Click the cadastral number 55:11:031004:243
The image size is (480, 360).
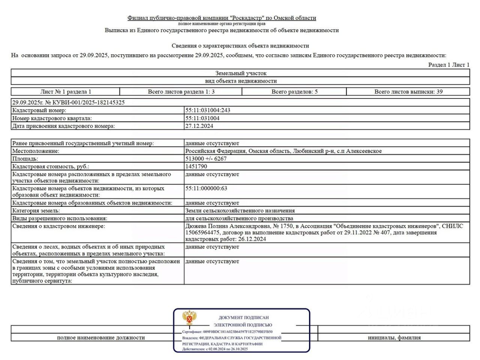tap(208, 110)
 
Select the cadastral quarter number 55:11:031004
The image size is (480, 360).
tap(202, 118)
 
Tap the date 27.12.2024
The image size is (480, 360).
tap(199, 126)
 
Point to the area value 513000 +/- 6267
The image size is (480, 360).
tap(206, 158)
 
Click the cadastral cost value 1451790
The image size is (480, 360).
tap(196, 166)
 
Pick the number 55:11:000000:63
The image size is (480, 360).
tap(206, 188)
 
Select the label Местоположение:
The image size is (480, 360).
tap(36, 151)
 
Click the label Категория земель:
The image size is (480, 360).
tap(36, 211)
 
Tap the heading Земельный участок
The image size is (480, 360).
tap(241, 73)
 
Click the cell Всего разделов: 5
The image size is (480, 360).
tap(294, 91)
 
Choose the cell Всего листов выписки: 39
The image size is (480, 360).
tap(408, 91)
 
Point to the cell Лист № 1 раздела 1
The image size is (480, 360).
tap(66, 91)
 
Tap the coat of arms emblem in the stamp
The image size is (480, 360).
tap(190, 318)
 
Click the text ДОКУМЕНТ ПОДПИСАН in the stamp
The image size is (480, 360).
tap(244, 317)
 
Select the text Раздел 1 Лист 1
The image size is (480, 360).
tap(449, 65)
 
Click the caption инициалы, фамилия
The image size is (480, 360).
tap(394, 338)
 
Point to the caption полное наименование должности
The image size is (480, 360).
tap(101, 338)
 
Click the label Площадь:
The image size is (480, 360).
tap(25, 158)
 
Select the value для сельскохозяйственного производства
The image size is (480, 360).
tap(239, 218)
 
